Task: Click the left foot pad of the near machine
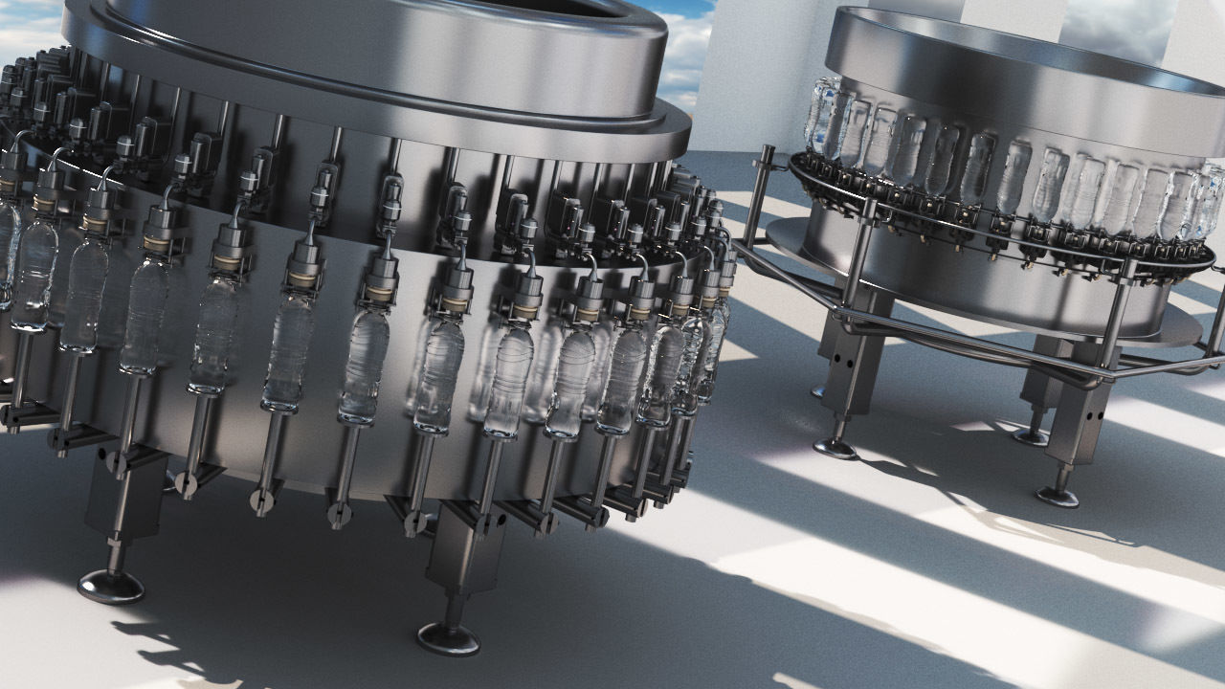pyautogui.click(x=110, y=585)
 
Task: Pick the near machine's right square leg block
pyautogui.click(x=463, y=551)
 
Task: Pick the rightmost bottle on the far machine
pyautogui.click(x=1208, y=201)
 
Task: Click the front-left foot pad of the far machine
pyautogui.click(x=835, y=448)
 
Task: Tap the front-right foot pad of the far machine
pyautogui.click(x=1058, y=496)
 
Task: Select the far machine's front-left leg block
pyautogui.click(x=847, y=364)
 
